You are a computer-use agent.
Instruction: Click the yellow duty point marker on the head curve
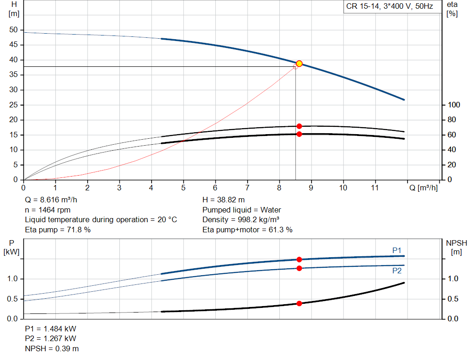coord(299,64)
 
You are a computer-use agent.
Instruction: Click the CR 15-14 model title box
coord(389,7)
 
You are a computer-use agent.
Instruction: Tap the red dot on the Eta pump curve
coord(299,126)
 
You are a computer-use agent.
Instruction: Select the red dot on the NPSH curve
coord(299,303)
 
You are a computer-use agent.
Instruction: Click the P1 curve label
coord(397,250)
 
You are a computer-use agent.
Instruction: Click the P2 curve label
coord(397,271)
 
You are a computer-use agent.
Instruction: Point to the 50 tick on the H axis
coord(13,30)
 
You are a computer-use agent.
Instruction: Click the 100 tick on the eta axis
coord(454,105)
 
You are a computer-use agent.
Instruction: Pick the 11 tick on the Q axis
coord(375,188)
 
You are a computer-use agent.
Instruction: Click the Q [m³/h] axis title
coord(424,188)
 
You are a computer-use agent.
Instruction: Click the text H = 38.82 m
coord(224,200)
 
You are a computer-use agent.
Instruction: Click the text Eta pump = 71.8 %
coord(58,229)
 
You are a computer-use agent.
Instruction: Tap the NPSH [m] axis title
coord(456,247)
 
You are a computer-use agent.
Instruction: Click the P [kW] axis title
coord(12,247)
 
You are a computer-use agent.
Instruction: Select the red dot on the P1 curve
coord(299,260)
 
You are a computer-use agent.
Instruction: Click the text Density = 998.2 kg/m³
coord(241,219)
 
